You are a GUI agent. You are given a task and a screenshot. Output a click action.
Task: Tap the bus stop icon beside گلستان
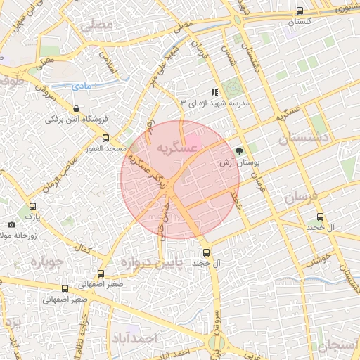[300, 11]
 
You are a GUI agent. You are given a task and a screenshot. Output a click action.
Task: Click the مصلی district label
[96, 25]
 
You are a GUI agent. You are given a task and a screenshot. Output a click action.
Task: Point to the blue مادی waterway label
[82, 86]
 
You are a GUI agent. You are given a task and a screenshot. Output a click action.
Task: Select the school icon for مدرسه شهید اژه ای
[214, 92]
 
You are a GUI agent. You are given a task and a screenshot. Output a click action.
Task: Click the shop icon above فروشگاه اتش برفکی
[77, 108]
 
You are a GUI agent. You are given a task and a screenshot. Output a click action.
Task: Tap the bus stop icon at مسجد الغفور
[106, 138]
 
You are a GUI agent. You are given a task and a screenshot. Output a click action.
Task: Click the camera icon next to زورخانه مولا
[11, 224]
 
